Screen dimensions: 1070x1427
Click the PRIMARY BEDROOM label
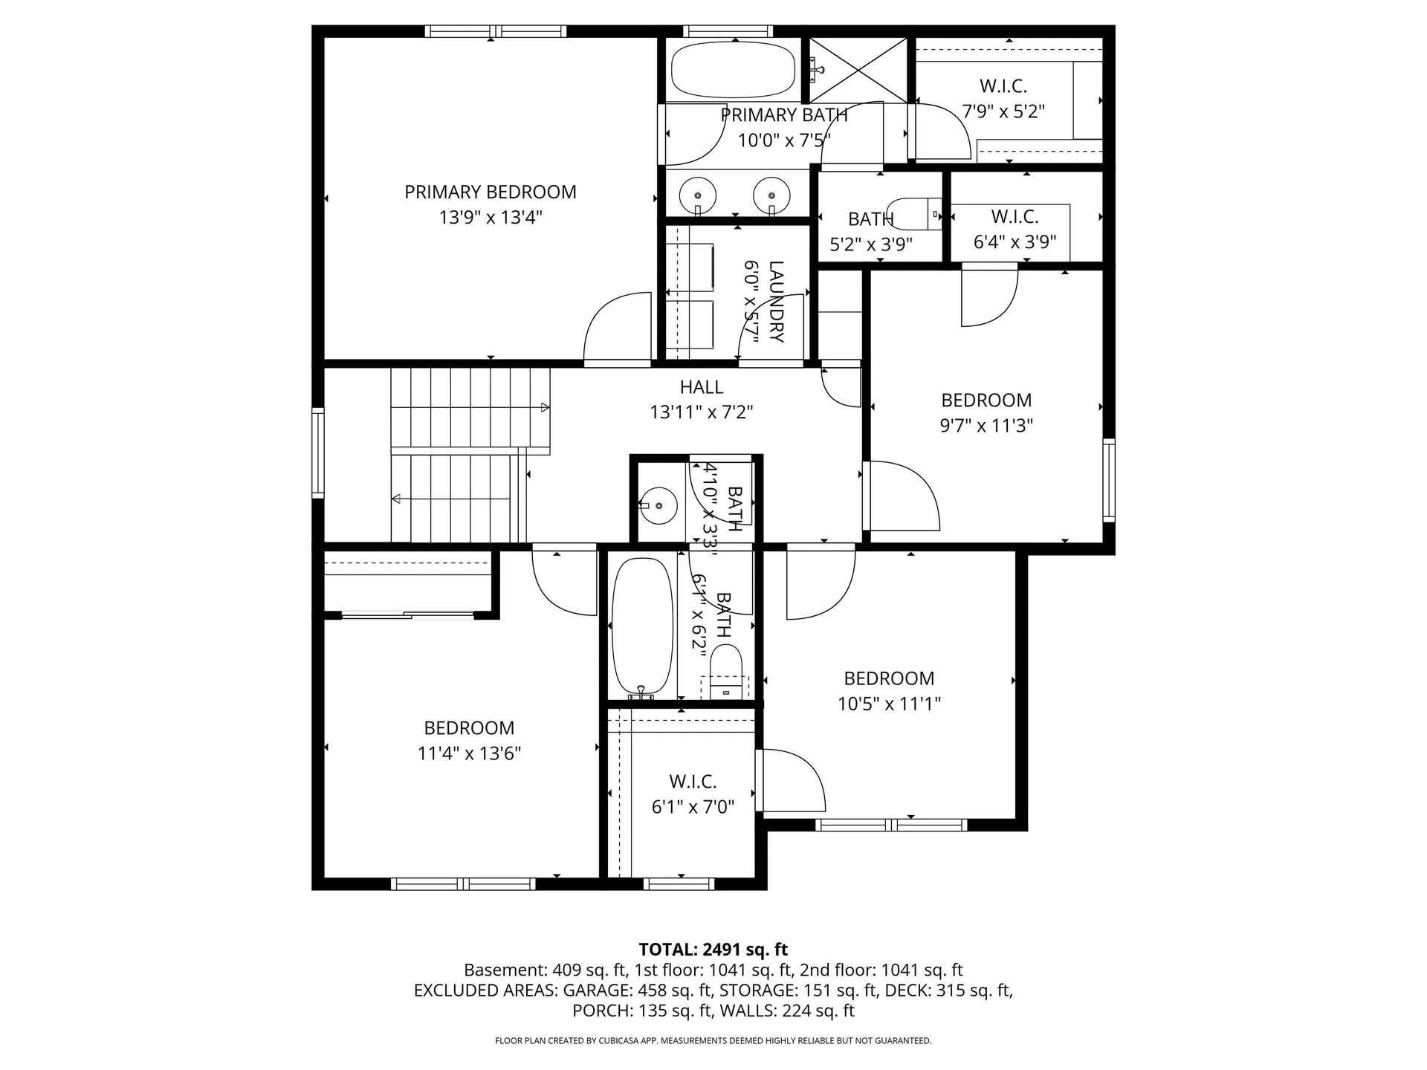click(490, 192)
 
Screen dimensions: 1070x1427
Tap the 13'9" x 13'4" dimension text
click(490, 218)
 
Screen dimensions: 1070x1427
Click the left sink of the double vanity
click(697, 195)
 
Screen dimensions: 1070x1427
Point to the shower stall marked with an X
click(858, 70)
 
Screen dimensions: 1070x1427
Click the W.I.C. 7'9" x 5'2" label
click(1003, 87)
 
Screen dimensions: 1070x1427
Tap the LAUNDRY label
click(776, 302)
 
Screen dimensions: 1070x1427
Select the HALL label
click(701, 387)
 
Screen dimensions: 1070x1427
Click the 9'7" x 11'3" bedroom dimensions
click(986, 426)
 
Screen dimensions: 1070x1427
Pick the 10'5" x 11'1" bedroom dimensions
click(889, 704)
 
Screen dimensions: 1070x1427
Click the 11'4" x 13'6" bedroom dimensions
click(469, 753)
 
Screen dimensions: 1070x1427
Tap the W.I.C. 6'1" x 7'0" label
click(693, 782)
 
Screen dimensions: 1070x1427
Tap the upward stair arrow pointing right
click(544, 407)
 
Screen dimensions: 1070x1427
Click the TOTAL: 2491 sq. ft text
click(713, 949)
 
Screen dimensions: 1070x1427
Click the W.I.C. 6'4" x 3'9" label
click(1015, 217)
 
